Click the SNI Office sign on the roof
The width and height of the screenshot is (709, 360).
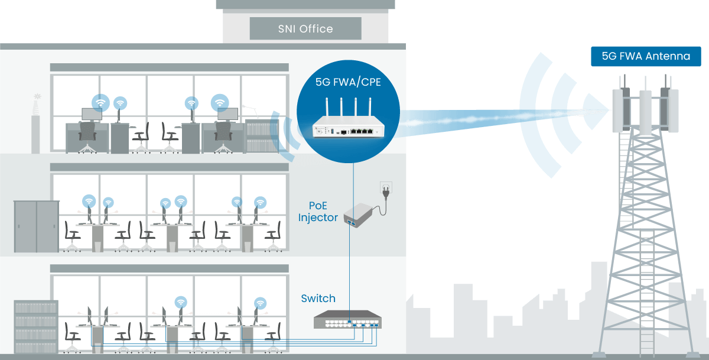305,28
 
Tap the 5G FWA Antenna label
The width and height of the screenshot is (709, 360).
646,56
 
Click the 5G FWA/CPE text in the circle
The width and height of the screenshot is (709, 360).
348,82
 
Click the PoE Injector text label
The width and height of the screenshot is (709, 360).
318,212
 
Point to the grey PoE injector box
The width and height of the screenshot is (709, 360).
358,215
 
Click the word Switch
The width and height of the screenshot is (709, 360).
318,299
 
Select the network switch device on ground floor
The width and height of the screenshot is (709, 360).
347,319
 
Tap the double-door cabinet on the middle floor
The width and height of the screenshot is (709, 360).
37,226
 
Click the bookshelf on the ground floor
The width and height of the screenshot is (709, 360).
36,326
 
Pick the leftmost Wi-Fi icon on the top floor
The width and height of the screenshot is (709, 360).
100,103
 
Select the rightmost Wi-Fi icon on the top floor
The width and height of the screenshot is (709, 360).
220,103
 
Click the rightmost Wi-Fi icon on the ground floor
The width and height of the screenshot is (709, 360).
260,303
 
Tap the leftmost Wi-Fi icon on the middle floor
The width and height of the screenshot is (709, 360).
89,201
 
